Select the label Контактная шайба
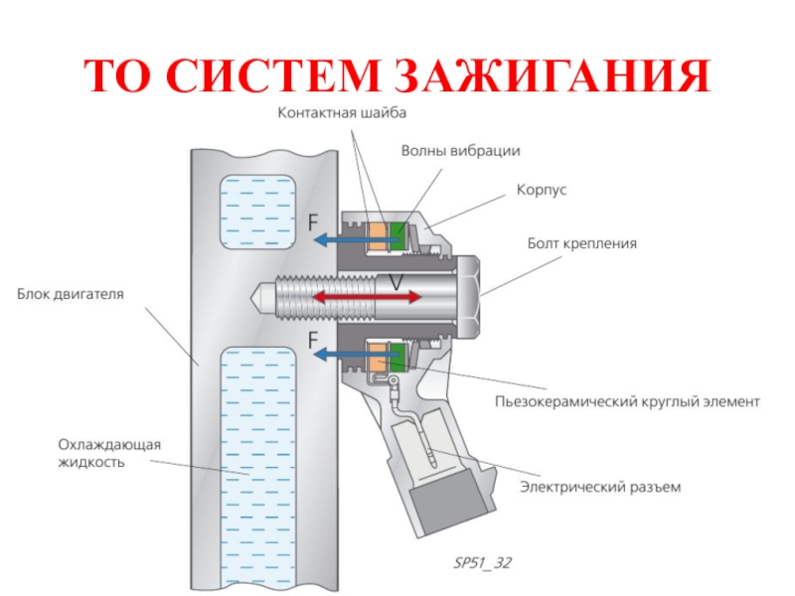[341, 113]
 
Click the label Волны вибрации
[460, 151]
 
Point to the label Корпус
[542, 189]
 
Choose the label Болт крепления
[581, 242]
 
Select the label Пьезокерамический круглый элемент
[627, 402]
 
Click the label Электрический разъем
[601, 488]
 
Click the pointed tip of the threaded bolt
[256, 295]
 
